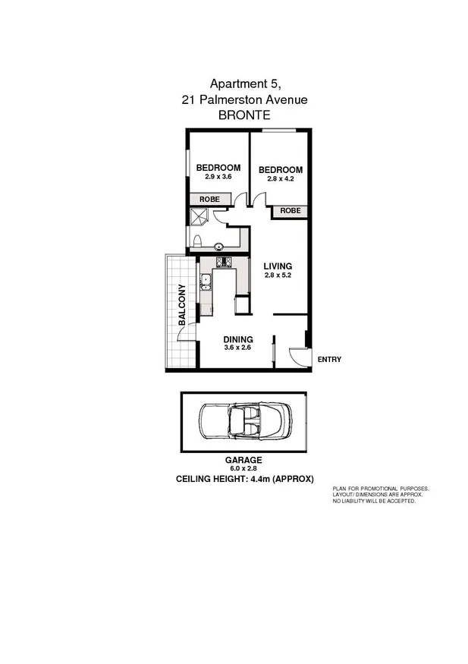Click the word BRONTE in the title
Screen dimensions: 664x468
click(x=244, y=115)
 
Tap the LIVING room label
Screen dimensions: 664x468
click(x=278, y=266)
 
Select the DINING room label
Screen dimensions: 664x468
click(x=237, y=339)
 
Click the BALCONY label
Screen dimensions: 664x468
click(x=182, y=304)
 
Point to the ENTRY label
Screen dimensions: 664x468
click(x=330, y=359)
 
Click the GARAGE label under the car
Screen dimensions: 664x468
click(x=243, y=460)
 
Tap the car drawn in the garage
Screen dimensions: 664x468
click(x=243, y=422)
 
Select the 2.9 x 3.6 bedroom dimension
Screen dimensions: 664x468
click(x=218, y=177)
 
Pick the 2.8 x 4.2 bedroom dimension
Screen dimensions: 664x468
click(x=280, y=179)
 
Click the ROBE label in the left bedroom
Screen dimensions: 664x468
click(x=209, y=199)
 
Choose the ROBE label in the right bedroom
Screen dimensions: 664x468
click(x=291, y=210)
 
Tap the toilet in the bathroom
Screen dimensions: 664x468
click(x=196, y=241)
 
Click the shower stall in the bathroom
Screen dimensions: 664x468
click(x=199, y=217)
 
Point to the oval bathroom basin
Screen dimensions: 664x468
click(x=219, y=245)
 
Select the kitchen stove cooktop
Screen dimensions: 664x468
click(x=225, y=263)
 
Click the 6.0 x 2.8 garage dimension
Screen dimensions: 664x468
click(x=243, y=469)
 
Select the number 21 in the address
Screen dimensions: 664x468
click(x=189, y=99)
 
